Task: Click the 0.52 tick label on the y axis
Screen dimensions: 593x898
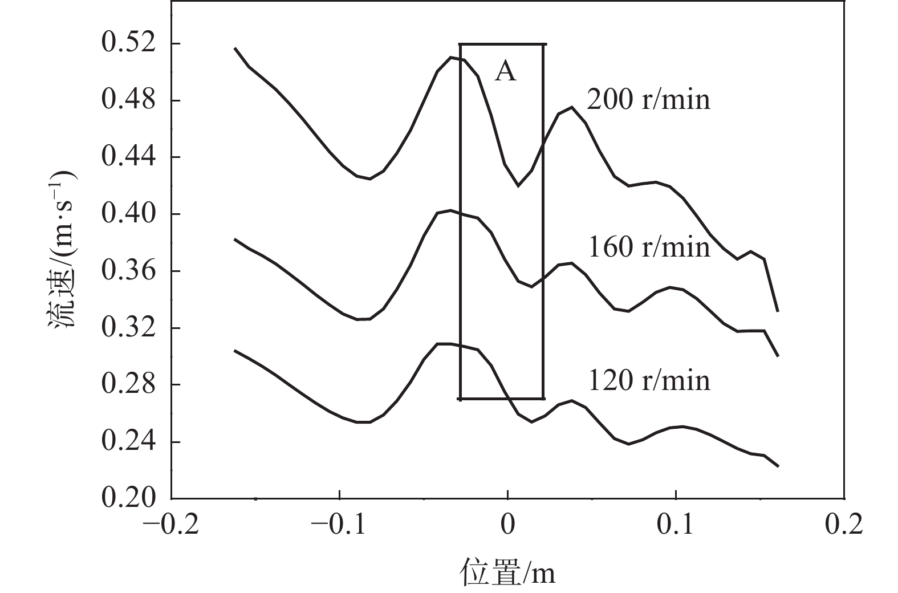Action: (x=128, y=44)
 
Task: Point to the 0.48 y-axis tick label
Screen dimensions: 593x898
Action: (x=128, y=100)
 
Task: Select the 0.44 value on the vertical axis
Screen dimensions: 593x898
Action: (x=128, y=157)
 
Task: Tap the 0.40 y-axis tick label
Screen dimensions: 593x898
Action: (x=128, y=214)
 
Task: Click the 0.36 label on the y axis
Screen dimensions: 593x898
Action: (x=128, y=271)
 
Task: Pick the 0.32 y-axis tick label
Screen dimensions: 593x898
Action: (x=128, y=328)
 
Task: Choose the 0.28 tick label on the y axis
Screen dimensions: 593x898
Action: (x=128, y=385)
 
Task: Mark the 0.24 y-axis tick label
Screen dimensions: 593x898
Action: (x=128, y=442)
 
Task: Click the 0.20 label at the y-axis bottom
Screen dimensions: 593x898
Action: (x=128, y=498)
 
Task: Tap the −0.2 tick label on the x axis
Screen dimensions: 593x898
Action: (x=171, y=525)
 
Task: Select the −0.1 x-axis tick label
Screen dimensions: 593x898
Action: (x=339, y=525)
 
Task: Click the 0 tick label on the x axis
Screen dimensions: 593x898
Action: (x=507, y=525)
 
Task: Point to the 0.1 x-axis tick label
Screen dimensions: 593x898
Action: (x=675, y=525)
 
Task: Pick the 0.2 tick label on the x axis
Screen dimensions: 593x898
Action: (x=844, y=525)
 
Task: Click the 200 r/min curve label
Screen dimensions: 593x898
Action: (x=649, y=100)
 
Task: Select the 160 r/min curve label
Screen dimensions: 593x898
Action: (x=649, y=247)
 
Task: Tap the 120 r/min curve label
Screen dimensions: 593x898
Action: (x=649, y=380)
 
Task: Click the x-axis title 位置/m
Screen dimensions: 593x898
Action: (x=507, y=572)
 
